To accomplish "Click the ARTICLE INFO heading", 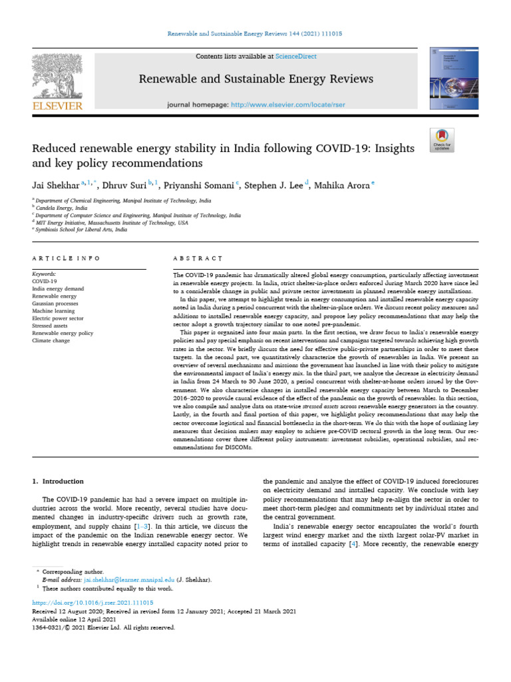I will point(67,258).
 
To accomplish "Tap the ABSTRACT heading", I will point(196,258).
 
